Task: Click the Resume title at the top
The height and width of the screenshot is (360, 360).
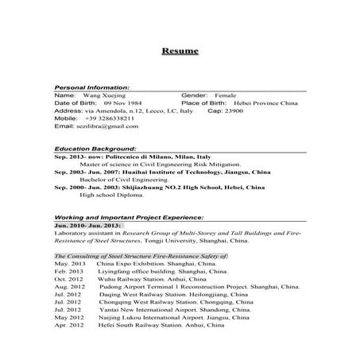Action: click(180, 52)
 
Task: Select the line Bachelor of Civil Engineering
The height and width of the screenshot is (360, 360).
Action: click(119, 180)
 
